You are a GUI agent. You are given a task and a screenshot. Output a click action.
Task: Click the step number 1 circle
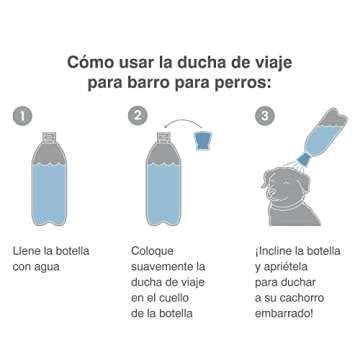(22, 116)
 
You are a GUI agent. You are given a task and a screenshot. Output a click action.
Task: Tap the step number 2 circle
(138, 116)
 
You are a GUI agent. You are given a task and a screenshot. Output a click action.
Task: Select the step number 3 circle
(265, 116)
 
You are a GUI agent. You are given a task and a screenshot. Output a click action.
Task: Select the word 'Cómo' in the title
(91, 61)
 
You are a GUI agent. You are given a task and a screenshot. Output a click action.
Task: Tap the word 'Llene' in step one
(28, 251)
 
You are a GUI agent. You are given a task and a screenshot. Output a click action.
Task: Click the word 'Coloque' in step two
(154, 251)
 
